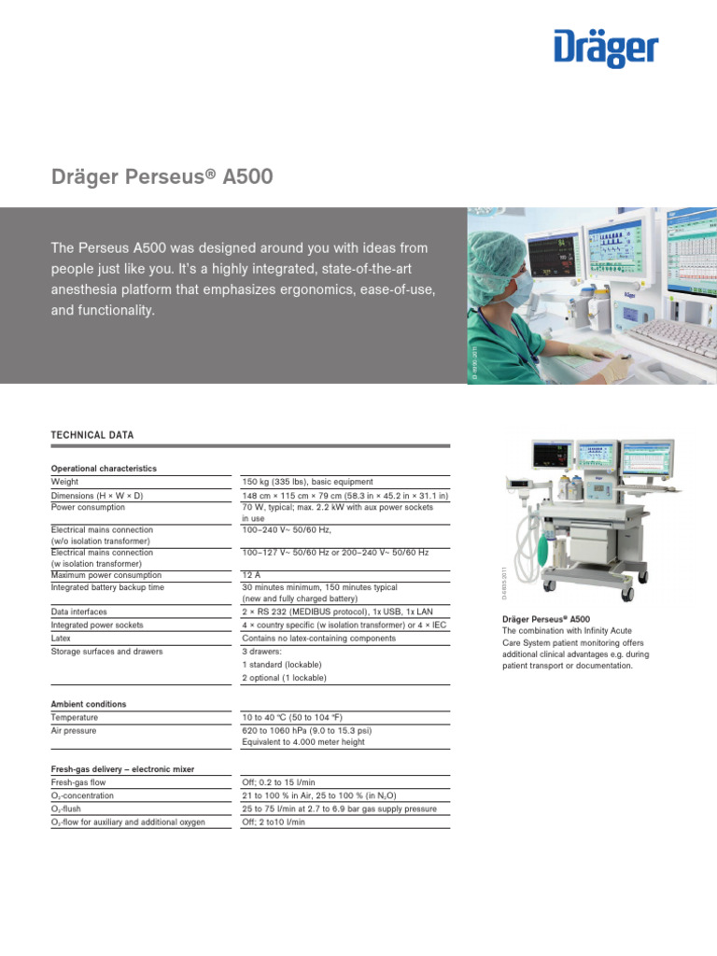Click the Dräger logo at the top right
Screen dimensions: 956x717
tap(606, 48)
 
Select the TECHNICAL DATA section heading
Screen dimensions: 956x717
tap(91, 435)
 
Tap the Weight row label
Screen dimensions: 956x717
tap(65, 482)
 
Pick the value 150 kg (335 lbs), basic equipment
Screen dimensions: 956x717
tap(307, 482)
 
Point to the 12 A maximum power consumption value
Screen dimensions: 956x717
tap(251, 575)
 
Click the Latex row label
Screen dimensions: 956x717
tap(62, 638)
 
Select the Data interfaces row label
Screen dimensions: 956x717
tap(79, 612)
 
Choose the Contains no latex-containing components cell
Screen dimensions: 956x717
tap(318, 638)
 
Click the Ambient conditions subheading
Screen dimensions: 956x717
tap(89, 704)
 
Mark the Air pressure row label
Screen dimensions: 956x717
tap(74, 730)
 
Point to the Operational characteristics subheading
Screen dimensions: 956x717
tap(104, 468)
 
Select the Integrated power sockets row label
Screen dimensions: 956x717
tap(97, 625)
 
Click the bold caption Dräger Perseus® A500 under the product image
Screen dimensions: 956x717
tap(546, 619)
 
